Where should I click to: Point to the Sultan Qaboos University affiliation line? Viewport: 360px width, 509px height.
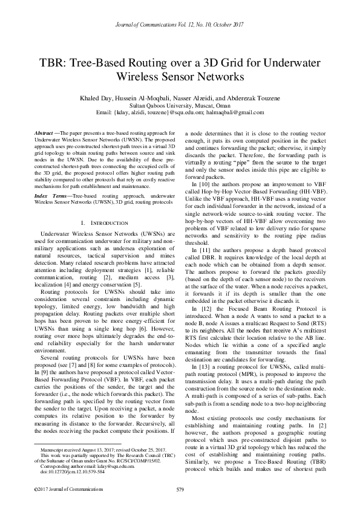coord(180,105)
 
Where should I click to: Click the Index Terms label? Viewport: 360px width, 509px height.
coord(50,180)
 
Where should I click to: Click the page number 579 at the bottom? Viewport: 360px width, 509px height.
coord(180,488)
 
